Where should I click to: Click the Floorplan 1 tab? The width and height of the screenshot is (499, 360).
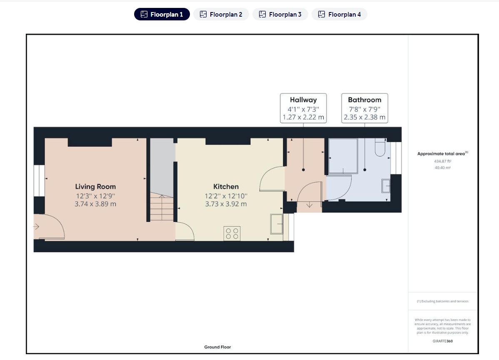point(162,14)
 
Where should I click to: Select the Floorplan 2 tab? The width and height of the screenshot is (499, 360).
point(221,14)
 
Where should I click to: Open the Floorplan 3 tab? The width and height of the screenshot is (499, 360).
point(280,14)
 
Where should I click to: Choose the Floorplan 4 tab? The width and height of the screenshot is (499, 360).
point(339,14)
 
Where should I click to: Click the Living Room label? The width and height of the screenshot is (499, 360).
point(95,187)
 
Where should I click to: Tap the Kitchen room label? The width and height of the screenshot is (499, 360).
point(226,187)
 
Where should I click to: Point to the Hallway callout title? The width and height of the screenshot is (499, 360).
point(303,100)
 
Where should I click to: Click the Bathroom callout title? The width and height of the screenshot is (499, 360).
point(365,100)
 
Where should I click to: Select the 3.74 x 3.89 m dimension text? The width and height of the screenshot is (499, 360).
point(95,204)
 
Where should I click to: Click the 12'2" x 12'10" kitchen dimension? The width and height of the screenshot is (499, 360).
point(226,196)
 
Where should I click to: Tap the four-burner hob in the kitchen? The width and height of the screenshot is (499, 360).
point(232,233)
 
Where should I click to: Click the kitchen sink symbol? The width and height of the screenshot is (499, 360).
point(277,224)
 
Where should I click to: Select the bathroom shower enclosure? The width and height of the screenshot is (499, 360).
point(343,156)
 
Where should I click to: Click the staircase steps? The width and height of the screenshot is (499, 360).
point(162,207)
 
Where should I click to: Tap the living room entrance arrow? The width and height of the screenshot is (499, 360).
point(36,226)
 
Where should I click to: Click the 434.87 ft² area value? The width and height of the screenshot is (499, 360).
point(443,161)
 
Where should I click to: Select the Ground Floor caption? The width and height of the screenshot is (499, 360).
point(218,347)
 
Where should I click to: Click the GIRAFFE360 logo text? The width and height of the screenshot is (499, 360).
point(443,341)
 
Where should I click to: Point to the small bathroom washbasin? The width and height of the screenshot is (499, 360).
point(386,186)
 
